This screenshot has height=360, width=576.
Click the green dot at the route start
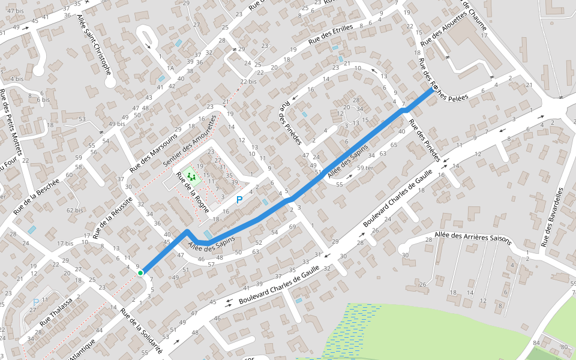pyautogui.click(x=140, y=273)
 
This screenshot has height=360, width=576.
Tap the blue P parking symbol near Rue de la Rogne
pyautogui.click(x=239, y=200)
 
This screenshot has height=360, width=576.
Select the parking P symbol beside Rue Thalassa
pyautogui.click(x=35, y=302)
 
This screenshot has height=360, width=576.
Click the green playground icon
pyautogui.click(x=191, y=176)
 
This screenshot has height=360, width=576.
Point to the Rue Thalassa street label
pyautogui.click(x=55, y=312)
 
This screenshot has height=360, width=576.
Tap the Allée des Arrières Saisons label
pyautogui.click(x=473, y=238)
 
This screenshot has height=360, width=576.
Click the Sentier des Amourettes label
pyautogui.click(x=188, y=137)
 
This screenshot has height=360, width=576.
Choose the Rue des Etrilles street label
pyautogui.click(x=329, y=34)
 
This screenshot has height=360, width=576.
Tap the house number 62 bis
pyautogui.click(x=75, y=210)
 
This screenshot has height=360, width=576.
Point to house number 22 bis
pyautogui.click(x=248, y=82)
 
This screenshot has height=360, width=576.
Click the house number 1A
pyautogui.click(x=170, y=68)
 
